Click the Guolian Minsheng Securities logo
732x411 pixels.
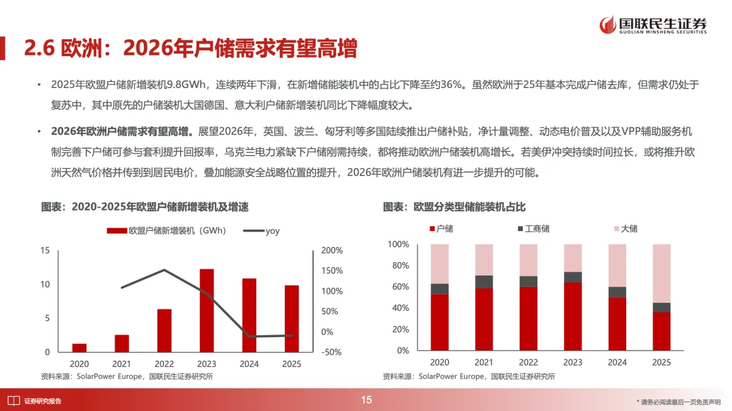tap(653, 25)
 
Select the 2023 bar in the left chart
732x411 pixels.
tap(207, 310)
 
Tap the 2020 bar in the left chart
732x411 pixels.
tap(79, 348)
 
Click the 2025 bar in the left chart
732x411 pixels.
tap(291, 318)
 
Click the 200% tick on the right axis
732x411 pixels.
tap(332, 251)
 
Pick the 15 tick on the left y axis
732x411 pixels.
tap(45, 251)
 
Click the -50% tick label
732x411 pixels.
tap(331, 352)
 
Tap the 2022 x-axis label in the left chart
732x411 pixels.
tap(164, 364)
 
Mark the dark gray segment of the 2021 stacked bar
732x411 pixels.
tap(484, 282)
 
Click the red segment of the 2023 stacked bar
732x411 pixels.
tap(573, 316)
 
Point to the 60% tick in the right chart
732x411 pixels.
tap(399, 287)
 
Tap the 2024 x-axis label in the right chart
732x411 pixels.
tap(617, 363)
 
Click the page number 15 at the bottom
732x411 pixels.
tap(366, 400)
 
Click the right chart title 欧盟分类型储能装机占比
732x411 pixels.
tap(454, 207)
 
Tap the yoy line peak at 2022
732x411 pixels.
tap(165, 270)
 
